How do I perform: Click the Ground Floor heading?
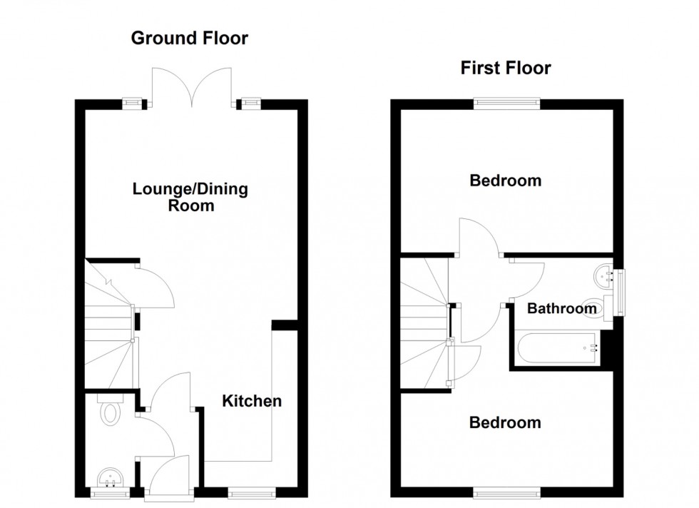(x=189, y=39)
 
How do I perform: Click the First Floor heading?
(x=505, y=68)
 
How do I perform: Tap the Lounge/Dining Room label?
(x=190, y=198)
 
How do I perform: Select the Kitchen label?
(x=252, y=401)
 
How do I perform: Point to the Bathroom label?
(x=561, y=309)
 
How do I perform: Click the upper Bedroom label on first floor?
(x=505, y=181)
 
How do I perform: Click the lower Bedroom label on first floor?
(x=505, y=422)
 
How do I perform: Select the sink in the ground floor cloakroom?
(x=109, y=476)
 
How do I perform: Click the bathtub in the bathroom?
(x=560, y=348)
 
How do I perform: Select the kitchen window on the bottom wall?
(x=250, y=492)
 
